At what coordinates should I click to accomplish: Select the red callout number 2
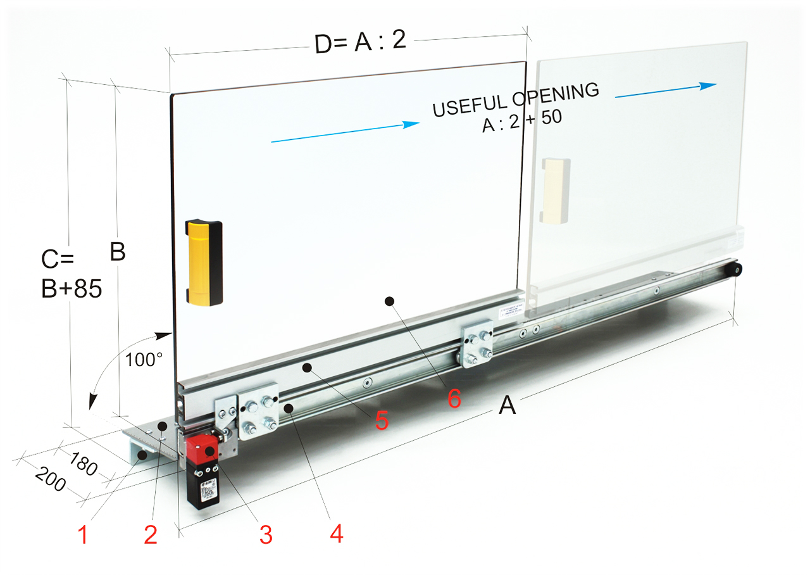(x=151, y=534)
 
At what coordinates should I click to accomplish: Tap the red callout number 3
(x=266, y=534)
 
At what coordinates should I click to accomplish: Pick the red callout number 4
(x=336, y=533)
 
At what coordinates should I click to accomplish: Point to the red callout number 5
(x=382, y=420)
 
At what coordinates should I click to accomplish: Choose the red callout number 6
(x=454, y=398)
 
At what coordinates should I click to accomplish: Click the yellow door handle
(x=204, y=262)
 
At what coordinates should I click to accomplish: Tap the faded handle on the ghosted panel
(x=555, y=191)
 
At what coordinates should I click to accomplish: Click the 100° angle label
(x=144, y=360)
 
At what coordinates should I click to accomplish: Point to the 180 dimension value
(x=83, y=464)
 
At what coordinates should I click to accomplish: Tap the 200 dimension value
(x=51, y=479)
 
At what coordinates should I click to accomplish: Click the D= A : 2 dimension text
(x=360, y=42)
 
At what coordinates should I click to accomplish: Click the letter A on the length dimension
(x=507, y=405)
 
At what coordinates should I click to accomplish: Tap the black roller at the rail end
(x=735, y=270)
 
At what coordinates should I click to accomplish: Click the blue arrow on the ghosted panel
(x=666, y=91)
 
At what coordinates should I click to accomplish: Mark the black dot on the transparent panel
(x=389, y=301)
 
